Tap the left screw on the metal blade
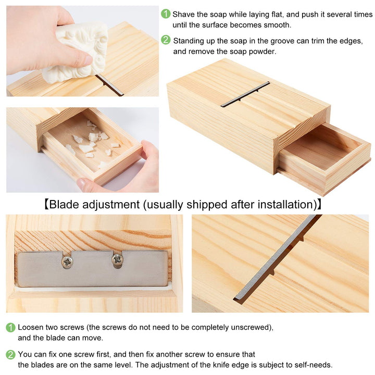point(68,262)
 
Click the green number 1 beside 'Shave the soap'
point(166,14)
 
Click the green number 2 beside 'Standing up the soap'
point(166,40)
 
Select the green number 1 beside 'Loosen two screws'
point(10,328)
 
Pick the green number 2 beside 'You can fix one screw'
point(10,355)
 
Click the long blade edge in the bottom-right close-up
point(276,258)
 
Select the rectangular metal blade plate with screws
point(93,269)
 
